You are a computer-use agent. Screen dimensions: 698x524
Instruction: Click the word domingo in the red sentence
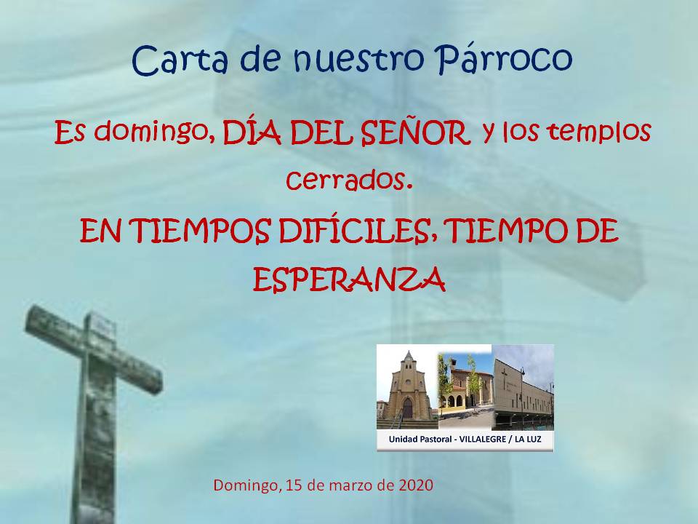151,132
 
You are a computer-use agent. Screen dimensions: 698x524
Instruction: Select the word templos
600,132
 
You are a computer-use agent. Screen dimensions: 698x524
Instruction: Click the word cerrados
347,180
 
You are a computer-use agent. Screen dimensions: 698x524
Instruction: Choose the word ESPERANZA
350,279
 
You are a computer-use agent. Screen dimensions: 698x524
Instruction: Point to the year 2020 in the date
416,485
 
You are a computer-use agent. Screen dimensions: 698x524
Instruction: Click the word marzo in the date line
351,485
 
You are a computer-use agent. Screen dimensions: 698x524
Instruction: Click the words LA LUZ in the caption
528,440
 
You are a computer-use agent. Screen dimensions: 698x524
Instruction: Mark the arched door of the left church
408,408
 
